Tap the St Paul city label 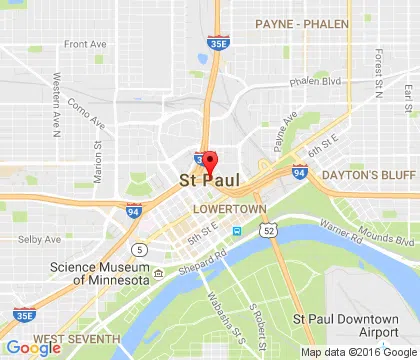coord(209,181)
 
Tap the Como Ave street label coord(85,107)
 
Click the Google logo coord(32,348)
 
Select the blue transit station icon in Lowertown coord(237,231)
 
